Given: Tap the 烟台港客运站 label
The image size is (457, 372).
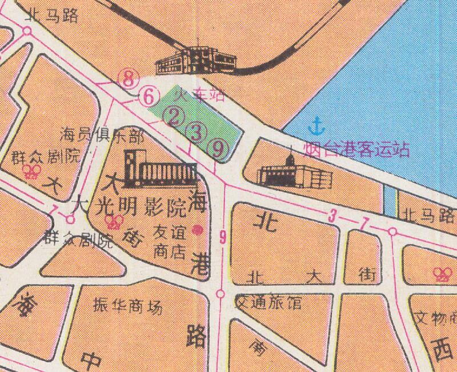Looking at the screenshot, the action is point(356,149).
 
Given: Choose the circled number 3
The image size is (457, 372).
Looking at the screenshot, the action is point(197,133).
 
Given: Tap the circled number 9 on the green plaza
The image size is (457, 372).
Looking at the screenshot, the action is point(217,149).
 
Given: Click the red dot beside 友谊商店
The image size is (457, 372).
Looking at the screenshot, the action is point(197,230).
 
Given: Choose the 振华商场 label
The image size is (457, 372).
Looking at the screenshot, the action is point(127,307).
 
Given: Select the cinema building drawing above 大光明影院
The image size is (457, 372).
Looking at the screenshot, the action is point(160,170).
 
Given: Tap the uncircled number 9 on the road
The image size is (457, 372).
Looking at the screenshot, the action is point(223,235).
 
